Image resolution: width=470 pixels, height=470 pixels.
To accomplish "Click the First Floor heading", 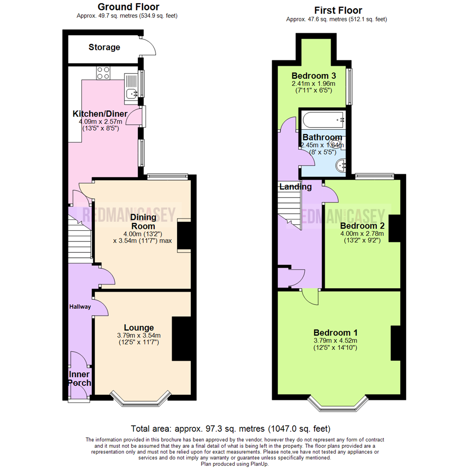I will (x=337, y=10).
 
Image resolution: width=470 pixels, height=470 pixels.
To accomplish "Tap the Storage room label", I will (x=104, y=47).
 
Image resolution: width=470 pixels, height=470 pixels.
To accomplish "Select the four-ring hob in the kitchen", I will (x=104, y=73).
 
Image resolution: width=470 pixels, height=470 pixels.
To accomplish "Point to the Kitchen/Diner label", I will (x=100, y=114).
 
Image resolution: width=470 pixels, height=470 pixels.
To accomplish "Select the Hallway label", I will (x=80, y=306).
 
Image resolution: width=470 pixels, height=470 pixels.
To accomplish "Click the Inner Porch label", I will (x=79, y=379).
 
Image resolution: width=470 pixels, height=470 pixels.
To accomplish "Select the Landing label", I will (x=295, y=187).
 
